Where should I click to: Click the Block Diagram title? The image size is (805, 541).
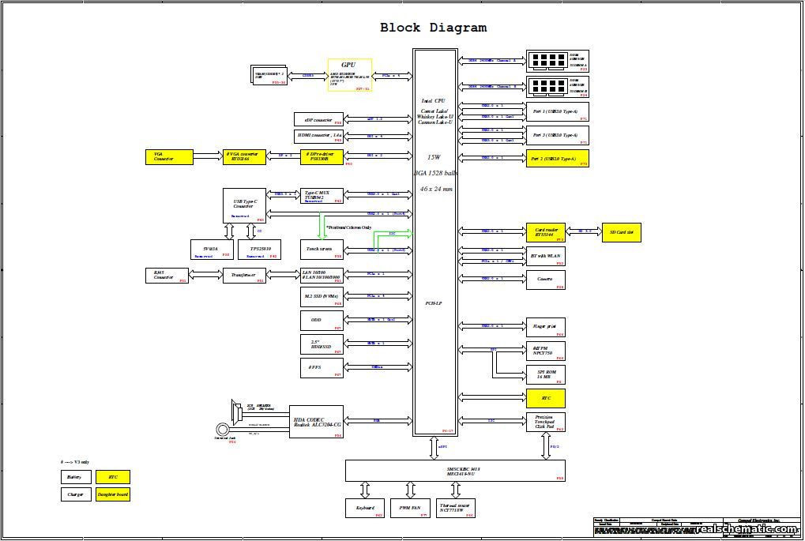click(x=433, y=28)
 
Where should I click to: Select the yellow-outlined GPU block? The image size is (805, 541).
click(x=350, y=76)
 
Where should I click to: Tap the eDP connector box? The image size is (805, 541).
click(x=318, y=119)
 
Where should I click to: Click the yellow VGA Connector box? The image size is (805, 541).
click(x=169, y=156)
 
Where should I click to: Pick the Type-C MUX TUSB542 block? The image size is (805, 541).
click(x=322, y=195)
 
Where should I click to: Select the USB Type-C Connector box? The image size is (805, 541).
click(x=244, y=205)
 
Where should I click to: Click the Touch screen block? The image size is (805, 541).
click(x=322, y=250)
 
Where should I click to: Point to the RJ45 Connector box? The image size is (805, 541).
click(x=167, y=275)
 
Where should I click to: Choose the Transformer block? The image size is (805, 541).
click(x=244, y=275)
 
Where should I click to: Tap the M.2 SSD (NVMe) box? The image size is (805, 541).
click(x=322, y=297)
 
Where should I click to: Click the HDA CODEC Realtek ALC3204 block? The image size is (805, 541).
click(x=318, y=423)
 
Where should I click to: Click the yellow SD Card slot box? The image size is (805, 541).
click(x=622, y=232)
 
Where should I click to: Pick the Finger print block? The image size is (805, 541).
click(x=546, y=327)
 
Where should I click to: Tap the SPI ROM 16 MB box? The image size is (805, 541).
click(x=546, y=375)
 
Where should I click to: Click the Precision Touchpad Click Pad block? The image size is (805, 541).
click(x=546, y=423)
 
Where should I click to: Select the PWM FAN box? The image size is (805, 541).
click(x=408, y=508)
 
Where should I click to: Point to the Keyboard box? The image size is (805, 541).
click(x=365, y=508)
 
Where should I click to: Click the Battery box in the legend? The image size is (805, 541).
click(x=75, y=477)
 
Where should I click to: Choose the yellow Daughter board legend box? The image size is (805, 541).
click(x=113, y=494)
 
